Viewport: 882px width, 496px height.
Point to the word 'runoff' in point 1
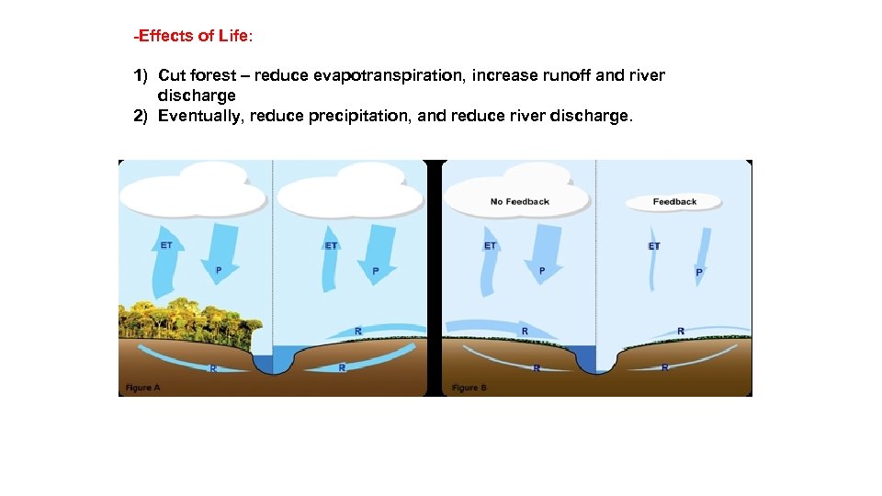coord(562,75)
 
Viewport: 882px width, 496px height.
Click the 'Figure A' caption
coord(143,388)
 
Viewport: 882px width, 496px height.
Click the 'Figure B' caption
coord(469,388)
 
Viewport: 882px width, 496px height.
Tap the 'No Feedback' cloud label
coord(519,201)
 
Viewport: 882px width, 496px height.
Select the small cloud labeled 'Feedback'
coord(674,202)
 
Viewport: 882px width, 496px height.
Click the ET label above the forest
coord(166,245)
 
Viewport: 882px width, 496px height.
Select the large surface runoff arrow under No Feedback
coord(501,327)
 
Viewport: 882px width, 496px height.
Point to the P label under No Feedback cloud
coord(542,271)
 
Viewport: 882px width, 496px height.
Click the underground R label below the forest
coord(213,368)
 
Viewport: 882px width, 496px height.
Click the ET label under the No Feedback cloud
coord(490,245)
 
